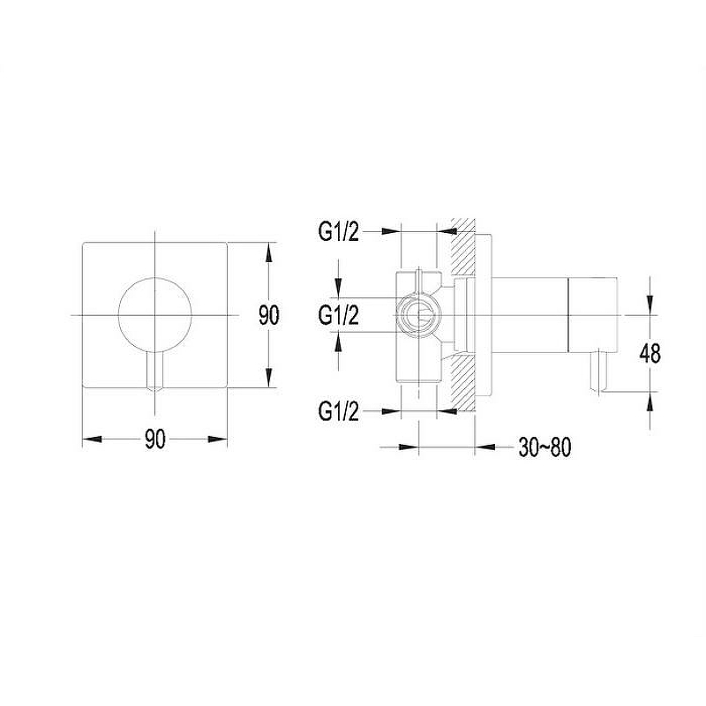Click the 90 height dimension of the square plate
(269, 315)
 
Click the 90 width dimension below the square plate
(155, 439)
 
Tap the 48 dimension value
(650, 353)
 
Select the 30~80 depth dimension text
(545, 447)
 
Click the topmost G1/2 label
(339, 232)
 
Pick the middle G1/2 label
(339, 315)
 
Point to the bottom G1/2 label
(339, 411)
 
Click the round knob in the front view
(155, 314)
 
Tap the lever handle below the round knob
(155, 370)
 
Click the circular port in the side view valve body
(419, 315)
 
